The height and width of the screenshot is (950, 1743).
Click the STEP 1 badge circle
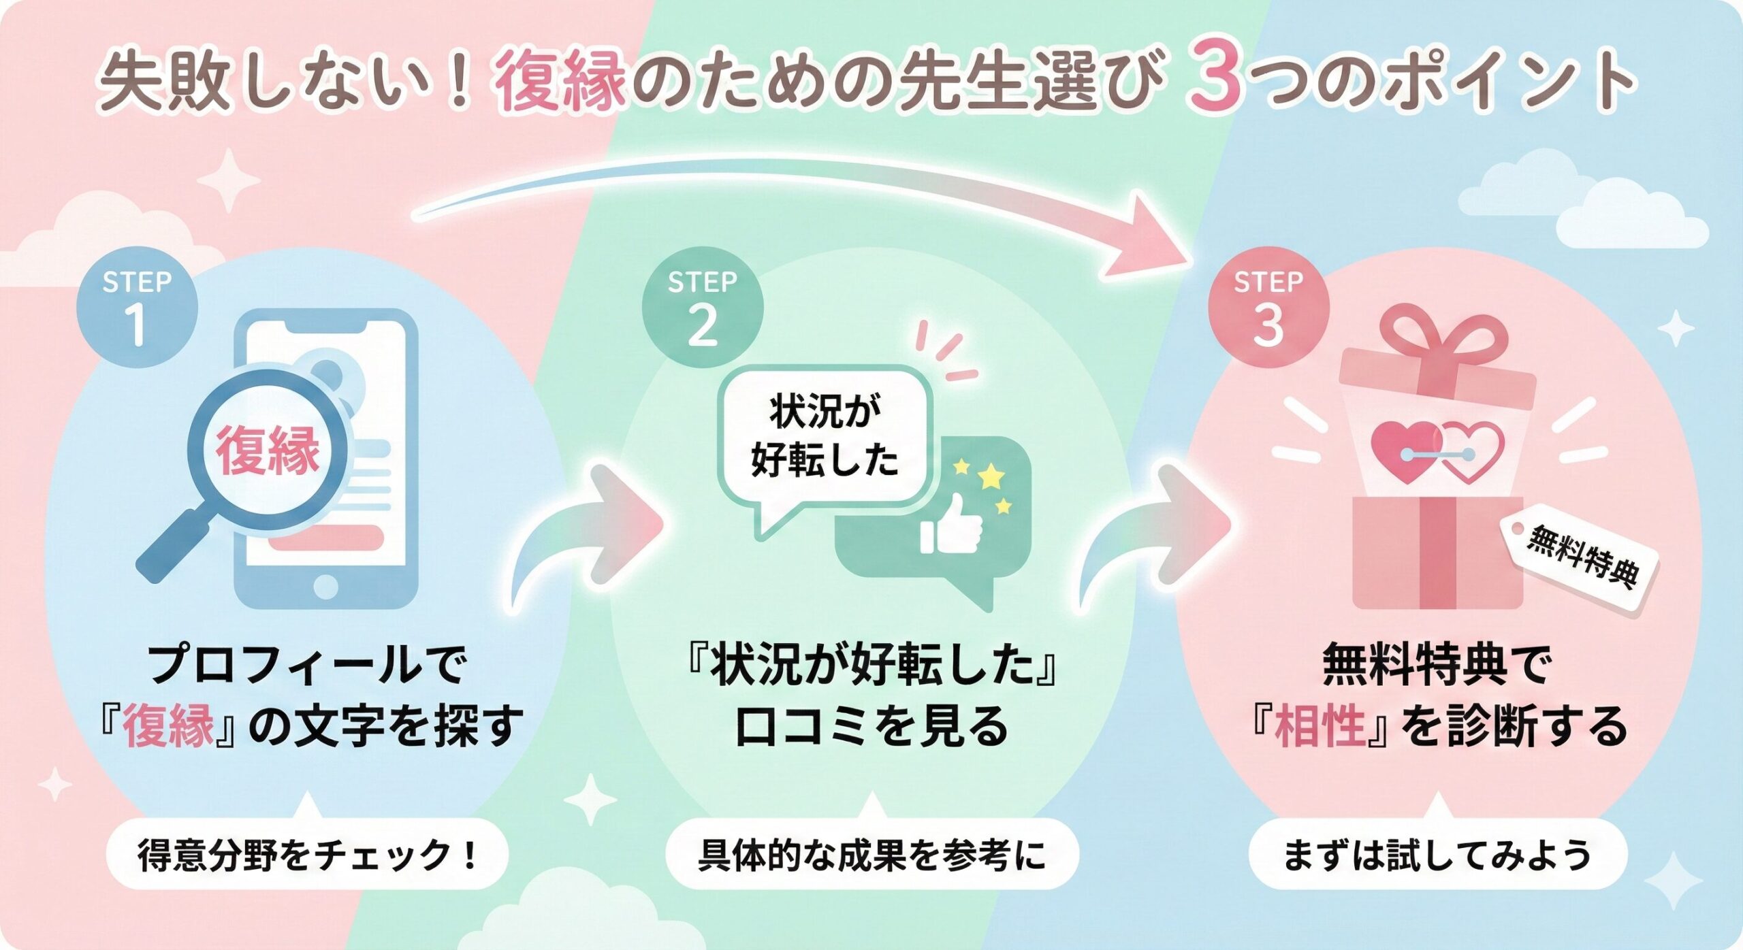(x=137, y=308)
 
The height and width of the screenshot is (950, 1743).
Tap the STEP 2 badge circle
(x=703, y=308)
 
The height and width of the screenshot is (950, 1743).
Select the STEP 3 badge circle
(x=1268, y=308)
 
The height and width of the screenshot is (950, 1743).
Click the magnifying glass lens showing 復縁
(x=268, y=450)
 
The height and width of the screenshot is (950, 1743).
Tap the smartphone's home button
(x=326, y=586)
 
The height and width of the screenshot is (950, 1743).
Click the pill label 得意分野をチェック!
(x=307, y=855)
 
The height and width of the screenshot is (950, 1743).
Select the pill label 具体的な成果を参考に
(x=871, y=855)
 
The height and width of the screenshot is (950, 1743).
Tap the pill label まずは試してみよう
(x=1437, y=855)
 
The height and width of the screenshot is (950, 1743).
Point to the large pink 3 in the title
(x=1216, y=80)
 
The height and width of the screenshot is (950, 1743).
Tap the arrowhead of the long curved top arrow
(x=1151, y=238)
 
